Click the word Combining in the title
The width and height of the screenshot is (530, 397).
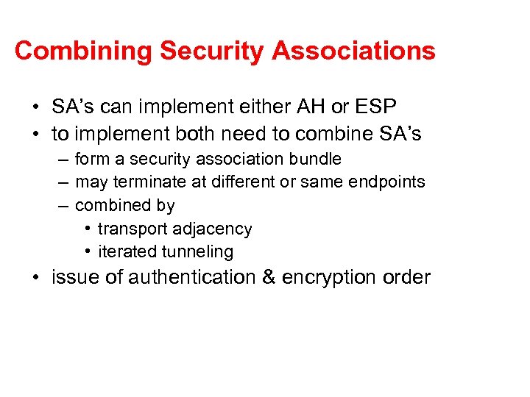click(83, 51)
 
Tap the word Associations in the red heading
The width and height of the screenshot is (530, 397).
click(353, 51)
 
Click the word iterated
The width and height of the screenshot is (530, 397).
click(122, 251)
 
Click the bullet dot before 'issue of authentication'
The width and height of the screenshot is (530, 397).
click(36, 278)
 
